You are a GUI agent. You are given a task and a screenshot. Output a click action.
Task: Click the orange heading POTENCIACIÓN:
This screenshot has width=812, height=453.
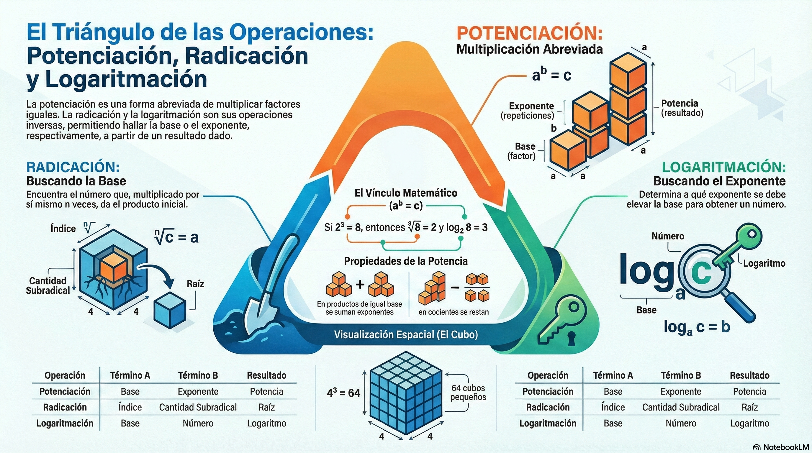(x=529, y=33)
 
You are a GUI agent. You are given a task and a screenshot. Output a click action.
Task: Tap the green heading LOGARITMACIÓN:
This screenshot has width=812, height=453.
(x=723, y=167)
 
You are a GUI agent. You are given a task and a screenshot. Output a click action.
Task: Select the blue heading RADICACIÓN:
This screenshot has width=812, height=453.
(x=73, y=167)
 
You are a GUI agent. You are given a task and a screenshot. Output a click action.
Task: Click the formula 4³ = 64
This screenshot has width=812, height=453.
(x=343, y=393)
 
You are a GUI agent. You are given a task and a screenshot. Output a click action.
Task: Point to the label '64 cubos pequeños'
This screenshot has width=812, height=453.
(x=468, y=392)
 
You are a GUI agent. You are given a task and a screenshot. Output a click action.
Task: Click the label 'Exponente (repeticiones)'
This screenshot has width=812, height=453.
(x=527, y=111)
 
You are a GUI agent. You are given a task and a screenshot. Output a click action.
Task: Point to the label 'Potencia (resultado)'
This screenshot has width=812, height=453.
(x=682, y=108)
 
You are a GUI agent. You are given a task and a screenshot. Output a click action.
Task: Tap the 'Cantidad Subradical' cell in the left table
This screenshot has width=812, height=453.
(x=198, y=407)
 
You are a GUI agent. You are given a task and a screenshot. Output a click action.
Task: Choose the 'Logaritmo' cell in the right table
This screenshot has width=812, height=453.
(x=749, y=424)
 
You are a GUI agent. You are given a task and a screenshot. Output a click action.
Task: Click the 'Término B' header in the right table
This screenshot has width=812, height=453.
(x=681, y=375)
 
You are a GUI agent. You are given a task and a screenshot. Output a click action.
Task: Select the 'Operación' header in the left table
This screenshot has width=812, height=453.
(x=65, y=375)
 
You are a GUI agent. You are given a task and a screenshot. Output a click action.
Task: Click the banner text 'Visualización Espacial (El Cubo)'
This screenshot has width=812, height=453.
(x=406, y=334)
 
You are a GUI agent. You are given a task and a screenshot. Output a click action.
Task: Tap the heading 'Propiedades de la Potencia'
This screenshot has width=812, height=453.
(x=406, y=261)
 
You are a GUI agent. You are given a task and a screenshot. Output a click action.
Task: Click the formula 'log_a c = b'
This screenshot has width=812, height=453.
(x=697, y=327)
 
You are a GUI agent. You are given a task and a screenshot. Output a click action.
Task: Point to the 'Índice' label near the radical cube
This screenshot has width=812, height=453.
(x=63, y=228)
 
